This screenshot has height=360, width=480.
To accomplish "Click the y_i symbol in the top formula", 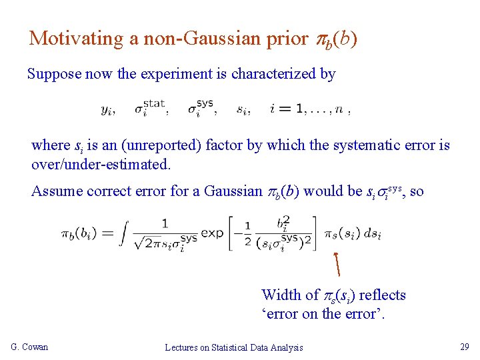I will (x=107, y=110).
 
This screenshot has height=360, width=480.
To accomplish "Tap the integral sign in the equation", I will (x=125, y=233).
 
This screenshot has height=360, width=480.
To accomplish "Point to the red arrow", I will (x=337, y=263).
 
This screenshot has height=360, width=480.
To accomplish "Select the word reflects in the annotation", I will (x=382, y=295).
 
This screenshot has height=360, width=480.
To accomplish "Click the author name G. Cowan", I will (x=30, y=347).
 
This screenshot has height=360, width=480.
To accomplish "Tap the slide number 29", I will (x=464, y=347).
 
